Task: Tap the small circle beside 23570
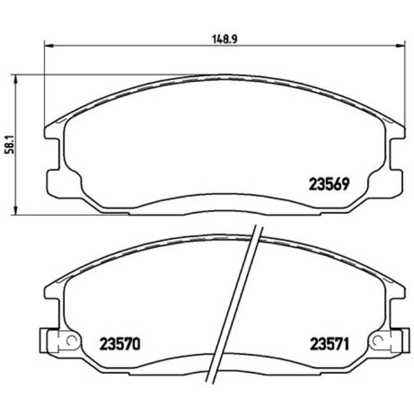71,340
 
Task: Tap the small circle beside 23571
380,340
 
